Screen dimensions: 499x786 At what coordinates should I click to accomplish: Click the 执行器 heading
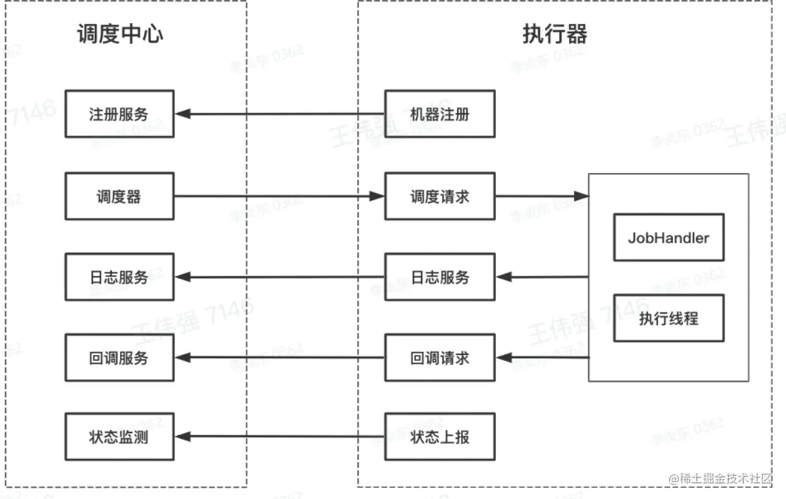point(555,34)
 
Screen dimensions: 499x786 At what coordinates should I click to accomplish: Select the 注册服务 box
point(119,114)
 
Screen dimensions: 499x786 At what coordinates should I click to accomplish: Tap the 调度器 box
point(119,196)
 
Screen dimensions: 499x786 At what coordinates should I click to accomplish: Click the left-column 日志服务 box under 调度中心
point(119,277)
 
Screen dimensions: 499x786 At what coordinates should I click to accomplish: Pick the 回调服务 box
point(119,358)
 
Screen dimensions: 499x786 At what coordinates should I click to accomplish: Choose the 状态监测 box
point(119,437)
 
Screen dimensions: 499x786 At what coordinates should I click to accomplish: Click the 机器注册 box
point(440,114)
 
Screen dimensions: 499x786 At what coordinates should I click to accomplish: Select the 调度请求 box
point(440,196)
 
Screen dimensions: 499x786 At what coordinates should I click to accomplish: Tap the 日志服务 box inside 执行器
point(440,277)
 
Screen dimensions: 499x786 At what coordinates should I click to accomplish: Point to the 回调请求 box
point(440,358)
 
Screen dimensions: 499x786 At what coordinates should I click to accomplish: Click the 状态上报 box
point(440,437)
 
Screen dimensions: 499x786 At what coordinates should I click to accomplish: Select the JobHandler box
point(668,238)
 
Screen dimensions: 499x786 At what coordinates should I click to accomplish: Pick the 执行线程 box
point(668,318)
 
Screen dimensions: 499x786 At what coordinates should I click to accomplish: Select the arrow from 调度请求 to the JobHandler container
point(542,196)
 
